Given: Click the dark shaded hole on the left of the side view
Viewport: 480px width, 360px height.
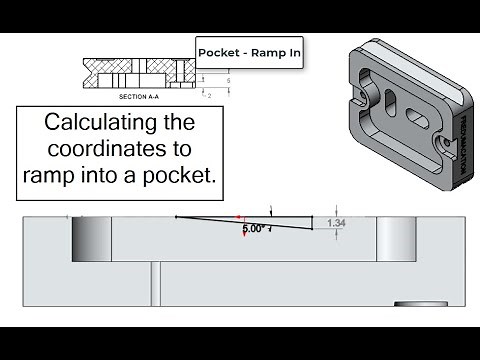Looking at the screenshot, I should pos(89,239).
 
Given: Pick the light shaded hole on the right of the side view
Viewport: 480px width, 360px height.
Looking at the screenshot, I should pos(395,239).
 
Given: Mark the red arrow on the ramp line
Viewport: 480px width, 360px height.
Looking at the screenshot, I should pos(238,217).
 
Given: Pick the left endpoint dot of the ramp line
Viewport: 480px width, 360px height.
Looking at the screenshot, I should pos(176,215).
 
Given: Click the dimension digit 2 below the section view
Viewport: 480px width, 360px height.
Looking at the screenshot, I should pos(210,96).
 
